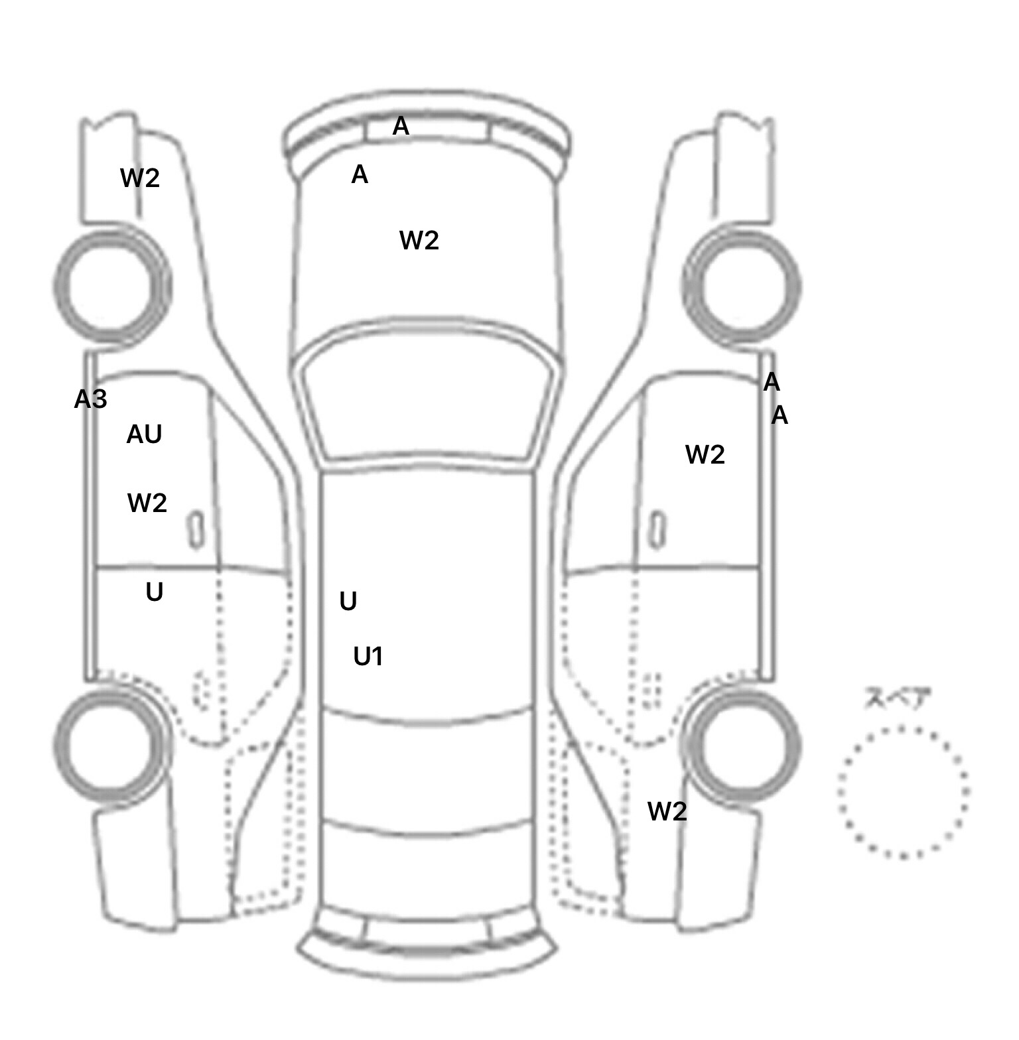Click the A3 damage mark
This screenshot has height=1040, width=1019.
pos(90,399)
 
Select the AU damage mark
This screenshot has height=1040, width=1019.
pos(144,434)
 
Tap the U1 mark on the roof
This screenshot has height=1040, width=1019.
pos(368,657)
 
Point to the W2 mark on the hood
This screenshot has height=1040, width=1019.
pos(419,240)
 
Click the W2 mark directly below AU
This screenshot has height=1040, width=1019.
pos(147,503)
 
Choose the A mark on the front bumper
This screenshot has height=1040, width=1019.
pos(401,126)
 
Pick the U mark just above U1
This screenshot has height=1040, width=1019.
pos(348,602)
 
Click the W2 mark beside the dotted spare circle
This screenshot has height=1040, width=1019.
pos(667,811)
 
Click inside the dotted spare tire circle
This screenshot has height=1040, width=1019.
pos(903,792)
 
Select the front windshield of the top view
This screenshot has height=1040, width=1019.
pos(428,395)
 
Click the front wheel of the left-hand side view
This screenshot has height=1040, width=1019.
pos(111,286)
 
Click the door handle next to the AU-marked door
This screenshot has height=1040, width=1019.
pos(196,530)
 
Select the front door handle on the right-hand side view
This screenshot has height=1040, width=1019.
pos(657,530)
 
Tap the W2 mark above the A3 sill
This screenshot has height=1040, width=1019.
pos(140,178)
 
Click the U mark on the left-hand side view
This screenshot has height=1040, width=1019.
pos(155,592)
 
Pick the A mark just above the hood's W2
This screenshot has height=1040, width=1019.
pos(360,174)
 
